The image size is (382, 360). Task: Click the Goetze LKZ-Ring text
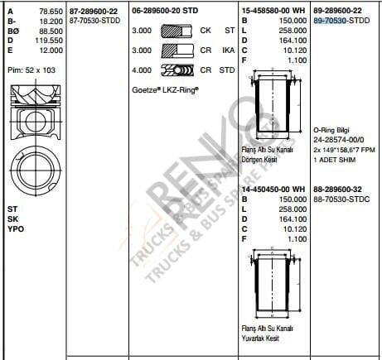click(x=167, y=88)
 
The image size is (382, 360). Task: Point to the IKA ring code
click(x=229, y=50)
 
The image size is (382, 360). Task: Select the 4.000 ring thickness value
click(x=142, y=70)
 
